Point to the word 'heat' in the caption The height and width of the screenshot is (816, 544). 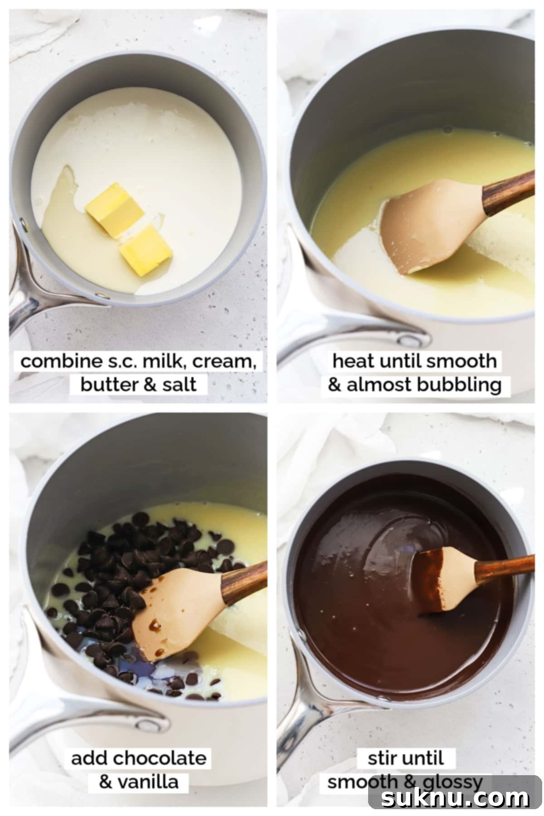(353, 361)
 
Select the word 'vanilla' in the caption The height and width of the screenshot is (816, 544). (150, 782)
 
